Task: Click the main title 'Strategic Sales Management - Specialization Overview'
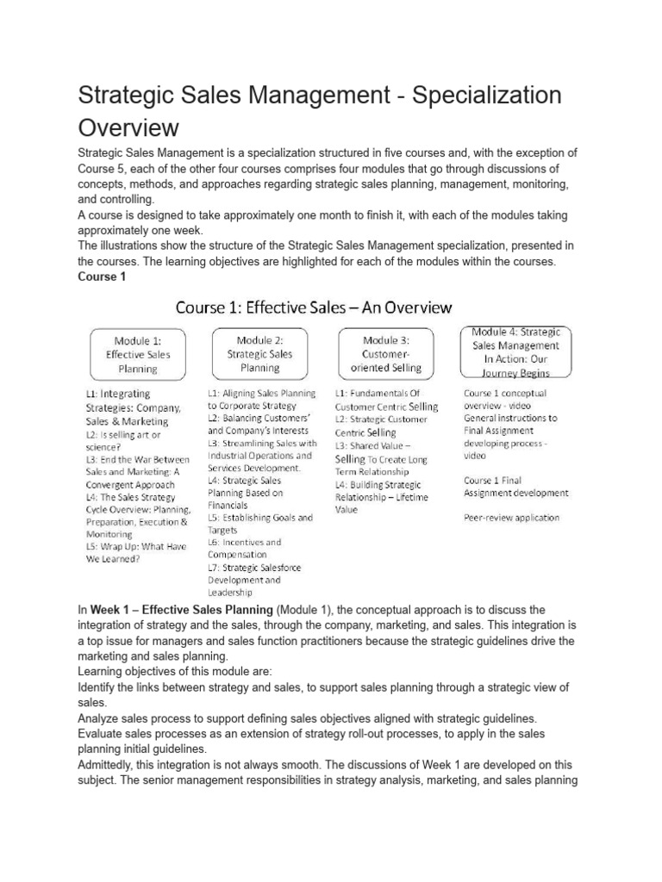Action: (x=319, y=110)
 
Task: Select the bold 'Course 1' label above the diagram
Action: (x=103, y=276)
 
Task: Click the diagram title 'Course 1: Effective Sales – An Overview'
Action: (x=314, y=307)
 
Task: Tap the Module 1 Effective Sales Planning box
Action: (x=138, y=354)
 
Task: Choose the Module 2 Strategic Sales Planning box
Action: (x=259, y=354)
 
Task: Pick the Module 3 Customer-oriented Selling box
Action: (x=392, y=354)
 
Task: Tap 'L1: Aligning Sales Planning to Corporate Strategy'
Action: (x=261, y=399)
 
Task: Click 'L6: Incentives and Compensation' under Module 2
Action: (x=244, y=549)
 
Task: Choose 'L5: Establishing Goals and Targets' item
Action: (x=259, y=524)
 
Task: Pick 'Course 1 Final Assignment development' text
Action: (x=515, y=487)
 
